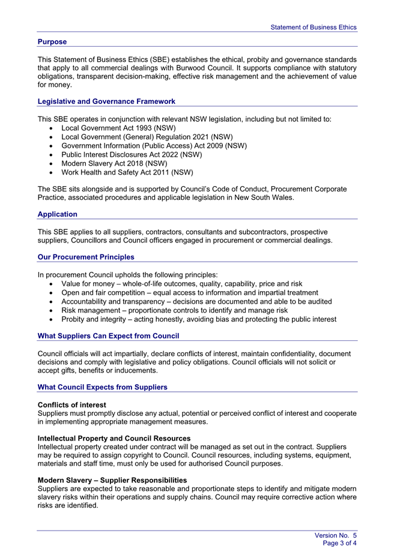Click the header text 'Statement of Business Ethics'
coord(313,27)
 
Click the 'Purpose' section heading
coord(52,42)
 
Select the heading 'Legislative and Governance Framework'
coord(106,101)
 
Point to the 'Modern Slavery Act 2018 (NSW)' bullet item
coord(114,163)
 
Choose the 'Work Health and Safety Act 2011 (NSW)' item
coord(127,172)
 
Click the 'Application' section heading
coord(58,214)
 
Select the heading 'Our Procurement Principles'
coord(86,257)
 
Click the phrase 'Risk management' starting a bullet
coord(92,310)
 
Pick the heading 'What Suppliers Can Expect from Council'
coord(108,336)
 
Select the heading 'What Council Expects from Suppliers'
coord(102,387)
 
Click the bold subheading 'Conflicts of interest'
coord(72,405)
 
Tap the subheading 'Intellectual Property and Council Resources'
coord(114,439)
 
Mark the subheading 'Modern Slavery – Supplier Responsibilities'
coord(112,480)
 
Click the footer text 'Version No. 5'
coord(336,535)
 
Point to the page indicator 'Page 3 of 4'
coord(340,543)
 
